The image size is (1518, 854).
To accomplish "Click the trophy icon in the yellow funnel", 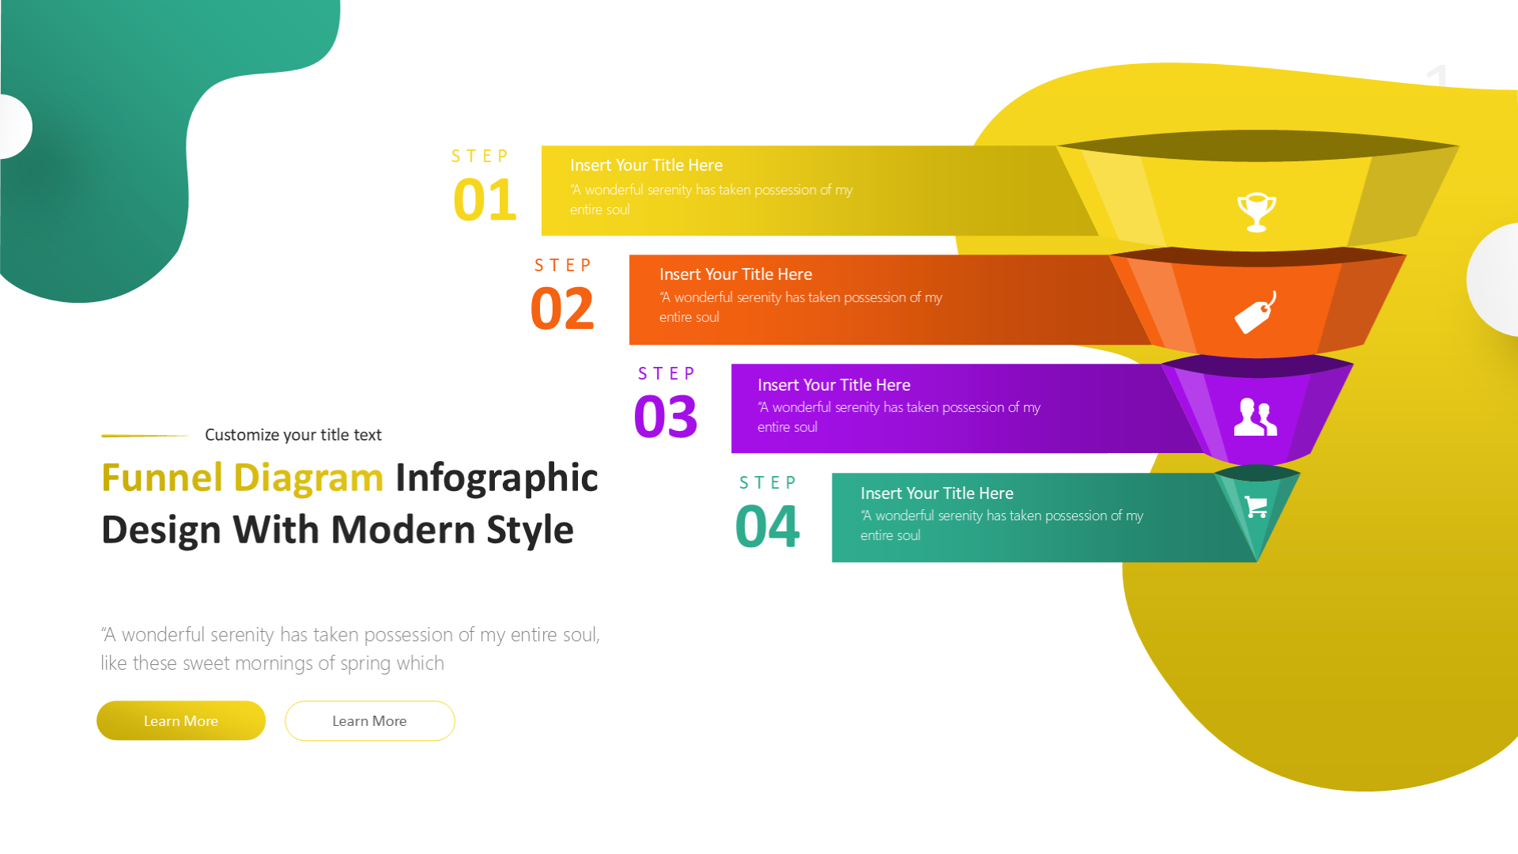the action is pos(1256,212).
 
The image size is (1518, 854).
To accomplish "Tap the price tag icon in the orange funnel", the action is pos(1256,313).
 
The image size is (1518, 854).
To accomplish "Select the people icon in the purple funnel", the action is pos(1256,417).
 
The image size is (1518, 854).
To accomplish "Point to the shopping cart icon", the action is pos(1256,506).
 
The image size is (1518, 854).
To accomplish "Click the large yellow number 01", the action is pos(485,199).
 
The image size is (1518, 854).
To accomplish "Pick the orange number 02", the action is pos(561,308).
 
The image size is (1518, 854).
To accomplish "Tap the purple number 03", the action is pos(666,417).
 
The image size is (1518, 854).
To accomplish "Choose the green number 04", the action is pos(767,527).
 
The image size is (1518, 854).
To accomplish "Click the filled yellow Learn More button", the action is pos(181,720).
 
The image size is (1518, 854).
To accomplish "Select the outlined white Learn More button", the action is pos(370,720).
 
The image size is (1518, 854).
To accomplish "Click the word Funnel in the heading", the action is pos(162,478).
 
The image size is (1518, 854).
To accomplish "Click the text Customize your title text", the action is pos(293,435).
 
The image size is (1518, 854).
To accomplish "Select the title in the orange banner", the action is pos(735,274).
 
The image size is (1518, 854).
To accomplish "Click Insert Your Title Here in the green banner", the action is pos(937,493).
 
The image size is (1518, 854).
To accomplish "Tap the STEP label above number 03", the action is pos(666,373).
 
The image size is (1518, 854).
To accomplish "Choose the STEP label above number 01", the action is pos(480,156).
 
